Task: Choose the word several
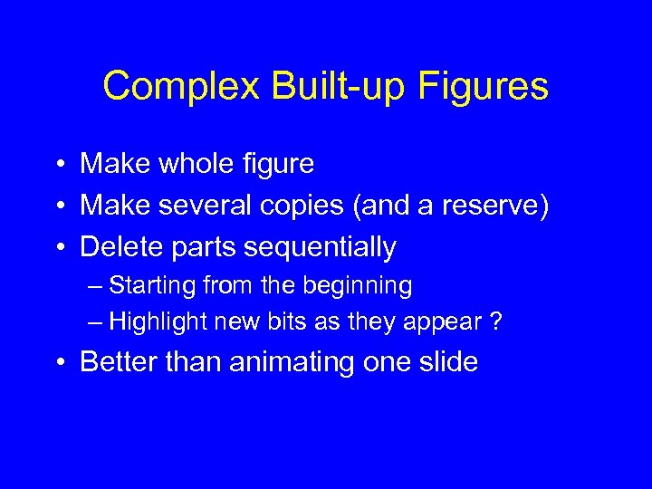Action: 205,206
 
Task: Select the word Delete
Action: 122,246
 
